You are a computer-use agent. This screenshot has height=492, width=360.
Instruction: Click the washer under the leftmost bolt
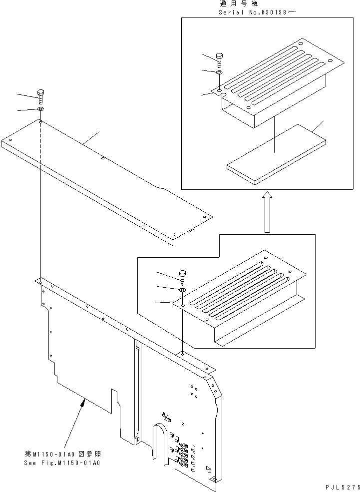[x=41, y=109]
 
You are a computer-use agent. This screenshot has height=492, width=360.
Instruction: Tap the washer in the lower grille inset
[x=182, y=290]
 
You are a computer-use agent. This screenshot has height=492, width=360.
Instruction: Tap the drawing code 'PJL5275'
[x=341, y=487]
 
